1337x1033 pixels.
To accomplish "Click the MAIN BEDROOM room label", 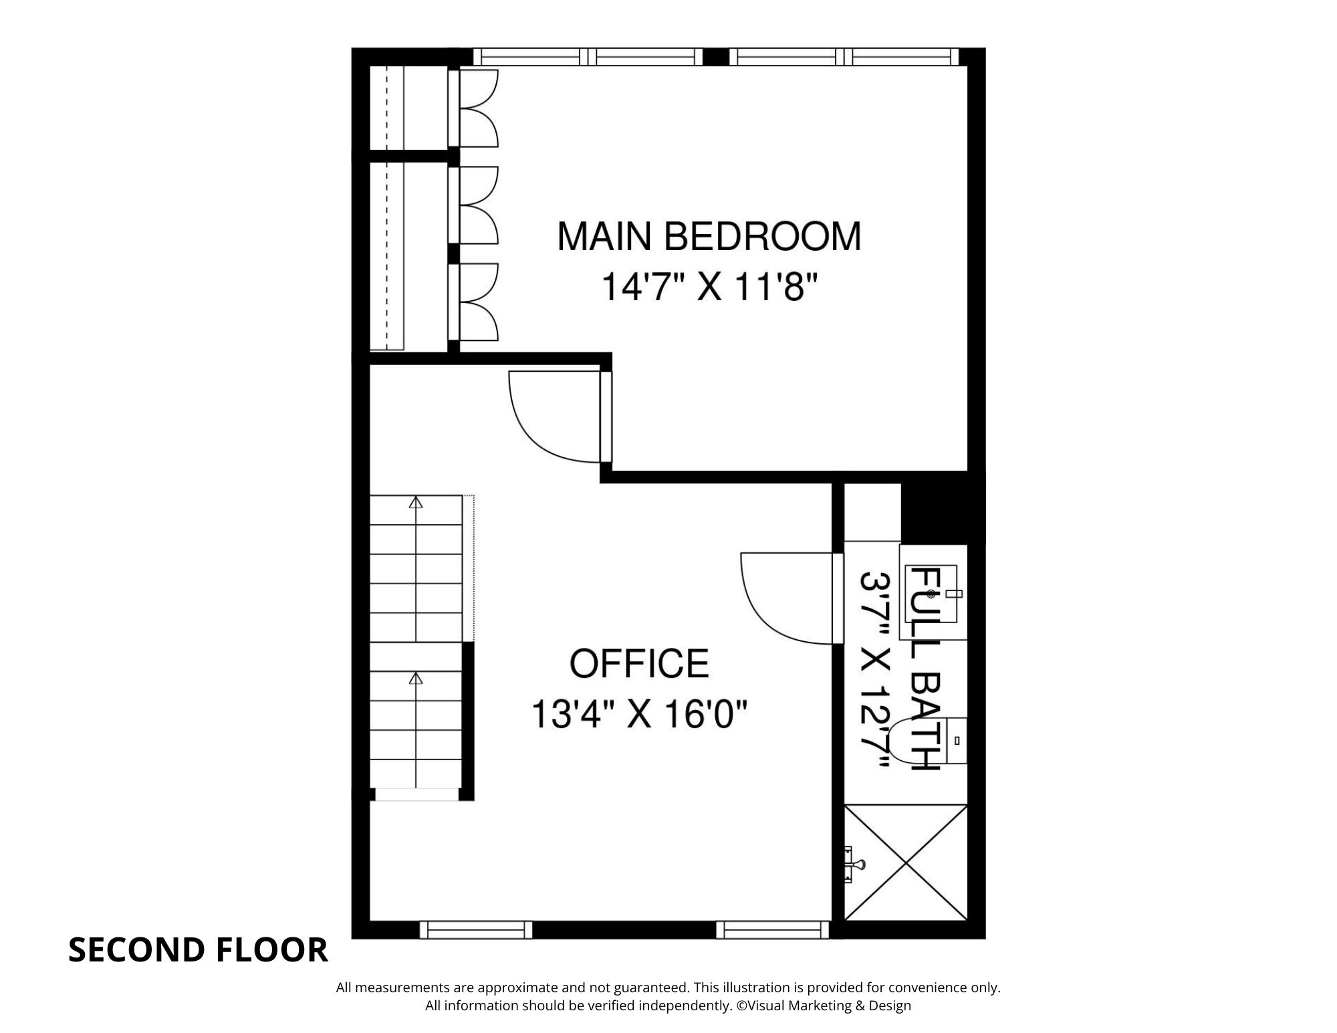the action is point(709,237).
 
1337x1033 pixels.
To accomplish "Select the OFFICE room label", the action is point(639,663).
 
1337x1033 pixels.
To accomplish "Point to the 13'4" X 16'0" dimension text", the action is point(638,714).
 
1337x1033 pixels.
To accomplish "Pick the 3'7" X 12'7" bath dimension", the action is point(876,669).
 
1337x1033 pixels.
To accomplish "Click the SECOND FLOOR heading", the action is point(199,950).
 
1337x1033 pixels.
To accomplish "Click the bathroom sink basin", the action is point(932,593).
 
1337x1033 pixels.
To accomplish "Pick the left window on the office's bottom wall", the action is point(476,930).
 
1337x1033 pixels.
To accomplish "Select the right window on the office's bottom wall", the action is point(773,930).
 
